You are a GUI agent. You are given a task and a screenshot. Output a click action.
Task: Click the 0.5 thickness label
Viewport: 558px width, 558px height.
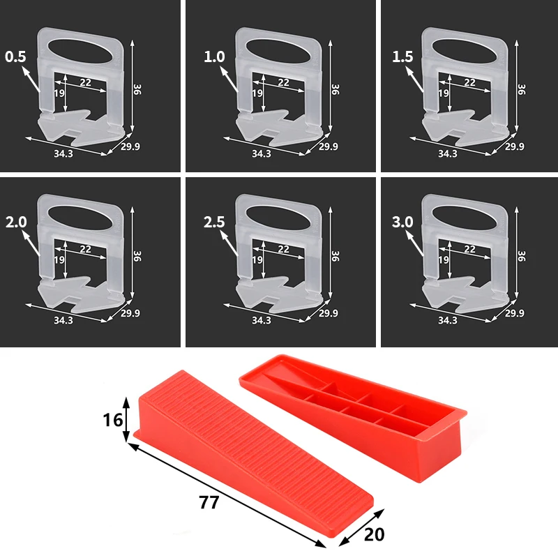pyautogui.click(x=15, y=56)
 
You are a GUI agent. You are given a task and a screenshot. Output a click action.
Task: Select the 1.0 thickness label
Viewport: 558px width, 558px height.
pyautogui.click(x=215, y=56)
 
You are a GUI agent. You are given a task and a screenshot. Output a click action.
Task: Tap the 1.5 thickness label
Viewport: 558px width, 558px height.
pyautogui.click(x=404, y=56)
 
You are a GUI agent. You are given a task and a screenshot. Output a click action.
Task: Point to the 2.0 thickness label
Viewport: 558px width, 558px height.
pyautogui.click(x=16, y=223)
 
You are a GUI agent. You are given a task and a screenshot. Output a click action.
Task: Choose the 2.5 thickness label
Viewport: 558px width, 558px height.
pyautogui.click(x=215, y=223)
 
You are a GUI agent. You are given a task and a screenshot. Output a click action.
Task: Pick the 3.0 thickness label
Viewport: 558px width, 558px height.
pyautogui.click(x=404, y=223)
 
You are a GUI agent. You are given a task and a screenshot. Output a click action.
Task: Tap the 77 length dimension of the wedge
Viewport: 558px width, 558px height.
pyautogui.click(x=208, y=502)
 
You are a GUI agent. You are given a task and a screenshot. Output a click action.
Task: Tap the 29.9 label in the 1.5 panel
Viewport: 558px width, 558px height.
pyautogui.click(x=513, y=147)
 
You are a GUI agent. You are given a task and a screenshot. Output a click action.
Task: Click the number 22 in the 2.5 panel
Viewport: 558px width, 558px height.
pyautogui.click(x=283, y=248)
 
